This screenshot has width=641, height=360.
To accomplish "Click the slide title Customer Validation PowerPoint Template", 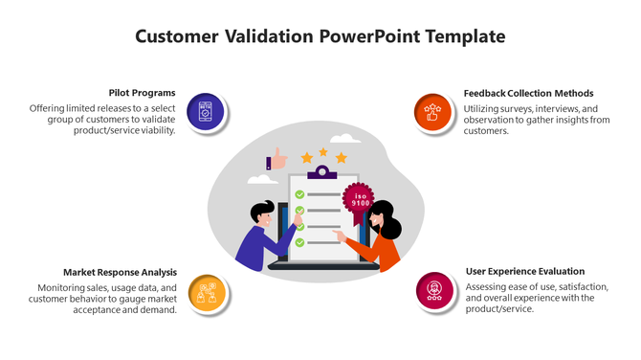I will point(320,37).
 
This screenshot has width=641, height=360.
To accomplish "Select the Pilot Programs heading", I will point(142,93).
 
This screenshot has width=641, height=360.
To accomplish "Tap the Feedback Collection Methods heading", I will point(528,93).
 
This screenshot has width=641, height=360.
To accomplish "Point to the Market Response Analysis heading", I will point(120,272).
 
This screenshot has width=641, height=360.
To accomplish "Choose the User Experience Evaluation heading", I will point(524,271).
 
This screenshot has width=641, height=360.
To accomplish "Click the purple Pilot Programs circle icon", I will point(205,112).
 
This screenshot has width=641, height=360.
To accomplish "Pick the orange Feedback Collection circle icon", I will point(433,112).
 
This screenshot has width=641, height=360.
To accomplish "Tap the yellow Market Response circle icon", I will point(206,291).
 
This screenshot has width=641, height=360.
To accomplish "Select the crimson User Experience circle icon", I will point(434,290).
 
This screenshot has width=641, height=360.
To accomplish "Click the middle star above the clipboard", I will point(323,152).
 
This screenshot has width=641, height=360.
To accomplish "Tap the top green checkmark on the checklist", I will point(299,195).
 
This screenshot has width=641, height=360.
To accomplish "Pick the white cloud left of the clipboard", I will point(260,179).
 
